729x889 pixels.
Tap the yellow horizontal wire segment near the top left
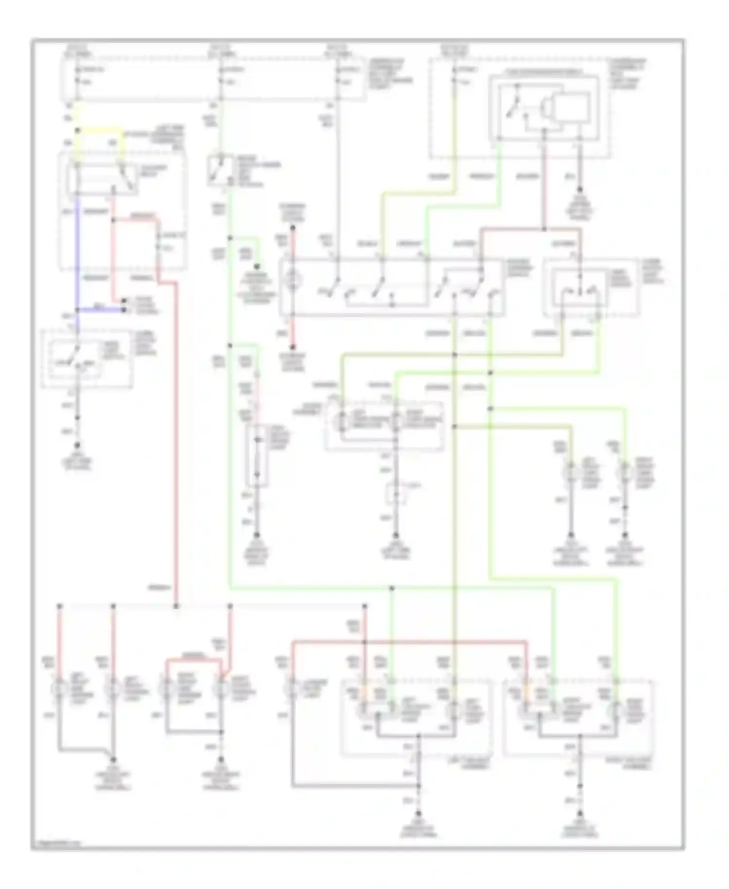coord(100,130)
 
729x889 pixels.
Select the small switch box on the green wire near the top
coord(219,170)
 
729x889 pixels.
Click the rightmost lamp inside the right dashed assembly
coord(617,711)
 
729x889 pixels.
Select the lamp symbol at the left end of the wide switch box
coord(293,280)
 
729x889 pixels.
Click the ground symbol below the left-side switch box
coord(77,445)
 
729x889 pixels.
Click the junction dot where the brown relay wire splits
coord(544,229)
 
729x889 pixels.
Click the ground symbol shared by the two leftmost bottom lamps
coord(114,760)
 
